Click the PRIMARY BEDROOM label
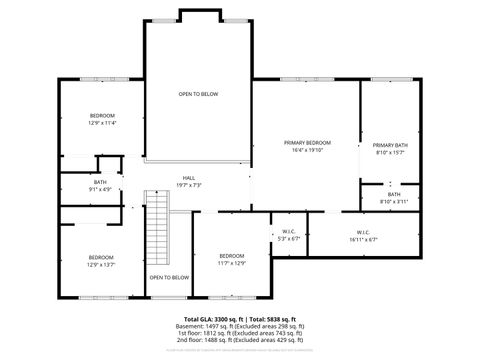307,143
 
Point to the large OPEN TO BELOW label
198,94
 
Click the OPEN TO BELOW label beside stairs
169,277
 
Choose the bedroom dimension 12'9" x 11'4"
102,123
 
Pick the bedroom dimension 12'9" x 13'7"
100,264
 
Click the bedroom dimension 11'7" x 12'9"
232,262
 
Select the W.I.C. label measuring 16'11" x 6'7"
363,239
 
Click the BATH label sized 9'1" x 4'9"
100,189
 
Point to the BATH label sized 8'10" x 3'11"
394,201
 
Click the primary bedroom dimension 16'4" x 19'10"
307,151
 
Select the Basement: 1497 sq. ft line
240,326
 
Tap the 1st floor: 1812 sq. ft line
240,334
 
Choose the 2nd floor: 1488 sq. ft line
240,342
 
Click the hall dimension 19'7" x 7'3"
189,185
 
